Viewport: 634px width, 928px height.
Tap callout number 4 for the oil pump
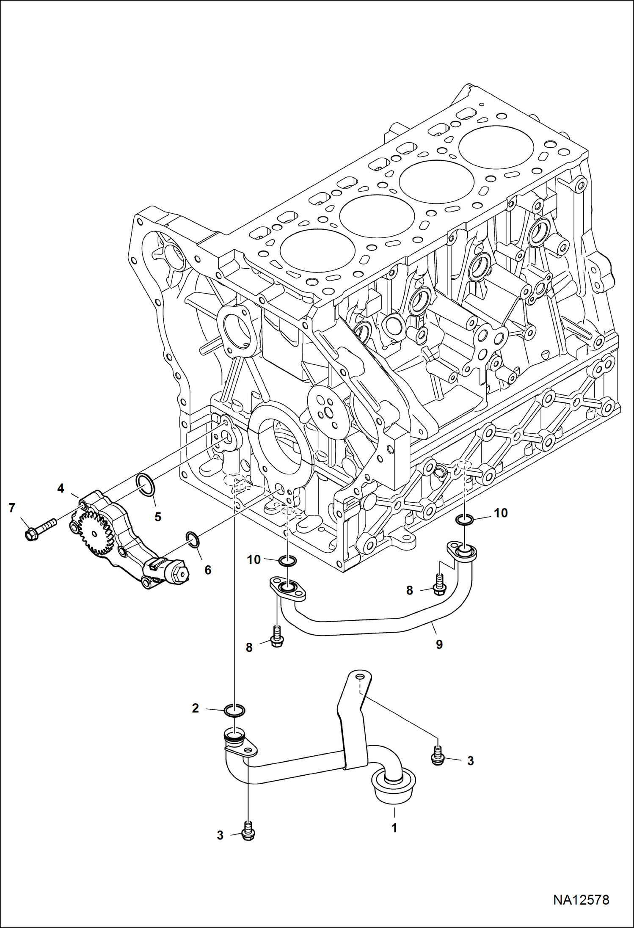[x=61, y=488]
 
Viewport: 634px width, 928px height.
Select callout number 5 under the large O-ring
[x=158, y=517]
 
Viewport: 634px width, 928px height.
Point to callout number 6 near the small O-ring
[x=208, y=570]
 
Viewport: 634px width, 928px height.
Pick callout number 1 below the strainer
[x=394, y=828]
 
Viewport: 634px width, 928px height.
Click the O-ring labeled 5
[x=146, y=484]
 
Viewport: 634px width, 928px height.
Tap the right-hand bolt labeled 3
[x=438, y=757]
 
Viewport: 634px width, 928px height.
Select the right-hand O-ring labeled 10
[x=465, y=519]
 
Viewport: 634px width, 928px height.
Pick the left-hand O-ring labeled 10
[x=288, y=562]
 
